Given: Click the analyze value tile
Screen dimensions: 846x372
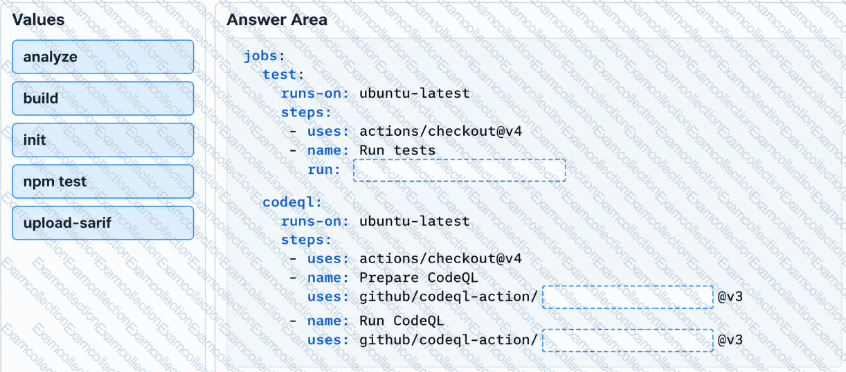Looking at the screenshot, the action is point(102,57).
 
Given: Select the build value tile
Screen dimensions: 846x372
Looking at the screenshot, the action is point(102,98).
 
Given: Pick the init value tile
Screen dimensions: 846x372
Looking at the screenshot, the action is point(102,140).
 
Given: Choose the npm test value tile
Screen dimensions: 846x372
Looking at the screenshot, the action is point(102,181).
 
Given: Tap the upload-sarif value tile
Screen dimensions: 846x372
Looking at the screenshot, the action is point(102,223).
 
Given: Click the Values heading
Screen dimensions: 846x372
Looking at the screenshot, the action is point(38,19).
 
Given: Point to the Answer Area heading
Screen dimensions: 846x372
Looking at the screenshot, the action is point(277,19).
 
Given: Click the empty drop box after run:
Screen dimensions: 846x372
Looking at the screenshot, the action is point(459,170).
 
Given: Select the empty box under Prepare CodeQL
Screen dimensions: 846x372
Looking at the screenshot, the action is point(627,297).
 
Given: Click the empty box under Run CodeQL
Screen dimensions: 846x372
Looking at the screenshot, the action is point(627,340).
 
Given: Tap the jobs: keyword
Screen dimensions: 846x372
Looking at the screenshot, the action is point(264,56).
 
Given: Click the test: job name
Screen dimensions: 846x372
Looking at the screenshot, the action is point(283,75).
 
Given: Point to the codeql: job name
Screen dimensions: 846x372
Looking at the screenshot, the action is point(292,202).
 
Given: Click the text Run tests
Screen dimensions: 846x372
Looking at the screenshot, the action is point(397,150).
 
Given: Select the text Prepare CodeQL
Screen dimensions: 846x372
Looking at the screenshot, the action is point(418,278).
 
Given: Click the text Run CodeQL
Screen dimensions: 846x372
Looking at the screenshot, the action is point(402,321).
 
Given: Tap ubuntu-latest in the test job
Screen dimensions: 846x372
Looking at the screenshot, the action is point(414,94).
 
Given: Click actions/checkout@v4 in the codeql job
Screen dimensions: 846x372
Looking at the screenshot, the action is point(440,258).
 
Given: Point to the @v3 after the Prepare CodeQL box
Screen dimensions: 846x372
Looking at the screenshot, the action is point(730,296).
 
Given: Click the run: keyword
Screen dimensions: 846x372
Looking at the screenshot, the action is point(324,170).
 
